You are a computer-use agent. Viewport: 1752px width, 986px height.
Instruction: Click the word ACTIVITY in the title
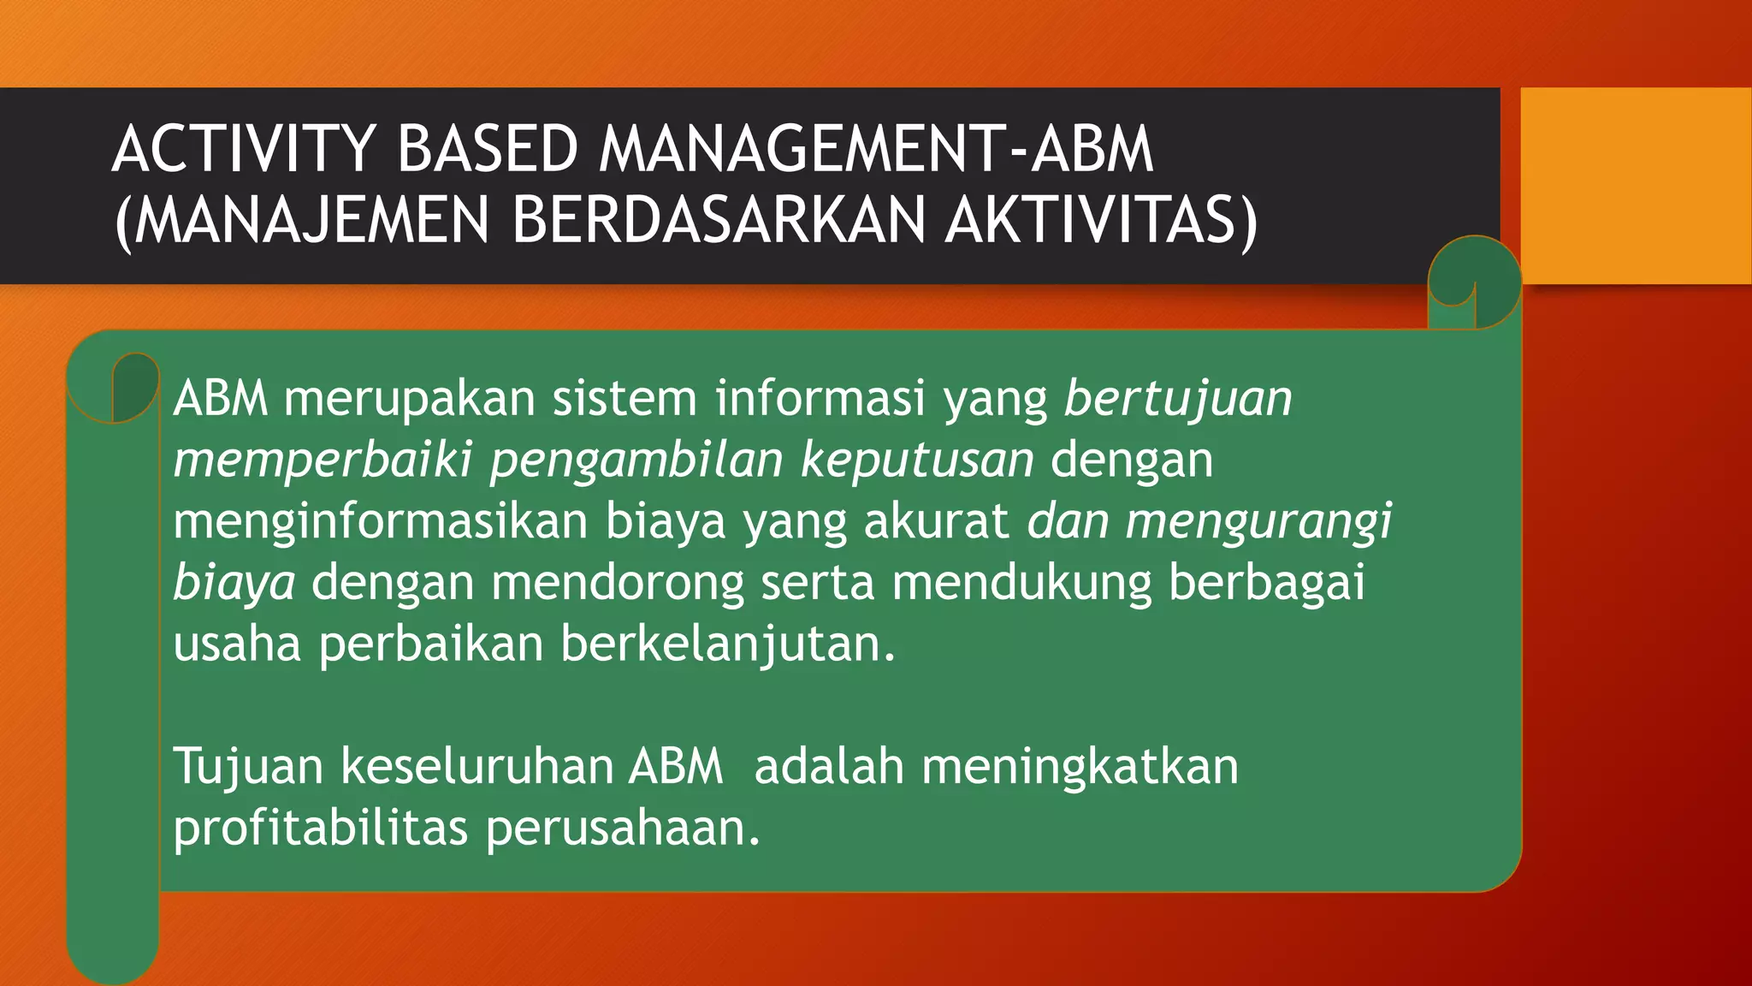click(x=245, y=149)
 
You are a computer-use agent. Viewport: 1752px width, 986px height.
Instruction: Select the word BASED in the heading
click(x=488, y=149)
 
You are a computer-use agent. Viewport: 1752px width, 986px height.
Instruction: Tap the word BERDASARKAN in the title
click(x=719, y=220)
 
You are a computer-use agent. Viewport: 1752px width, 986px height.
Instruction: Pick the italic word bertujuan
click(x=1178, y=399)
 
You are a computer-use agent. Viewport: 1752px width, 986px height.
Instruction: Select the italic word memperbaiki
click(x=323, y=460)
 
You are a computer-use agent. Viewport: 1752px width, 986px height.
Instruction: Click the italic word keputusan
click(x=917, y=460)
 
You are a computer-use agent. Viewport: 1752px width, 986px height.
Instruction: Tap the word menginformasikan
click(x=381, y=521)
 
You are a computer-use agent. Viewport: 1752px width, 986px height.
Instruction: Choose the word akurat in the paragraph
click(x=936, y=521)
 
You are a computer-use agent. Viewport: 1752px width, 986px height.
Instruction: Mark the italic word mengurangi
click(x=1258, y=521)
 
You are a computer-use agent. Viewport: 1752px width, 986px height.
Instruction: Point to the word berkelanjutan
click(x=727, y=644)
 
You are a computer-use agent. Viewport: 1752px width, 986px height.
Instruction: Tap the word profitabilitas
click(x=321, y=828)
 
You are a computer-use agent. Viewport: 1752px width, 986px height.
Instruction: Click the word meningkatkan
click(x=1080, y=766)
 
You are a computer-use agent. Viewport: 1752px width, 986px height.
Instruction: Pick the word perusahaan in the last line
click(x=623, y=828)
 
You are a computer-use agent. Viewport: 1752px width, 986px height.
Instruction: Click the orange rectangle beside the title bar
click(x=1636, y=185)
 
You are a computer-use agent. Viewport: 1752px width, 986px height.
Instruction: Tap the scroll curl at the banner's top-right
click(x=1474, y=282)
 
